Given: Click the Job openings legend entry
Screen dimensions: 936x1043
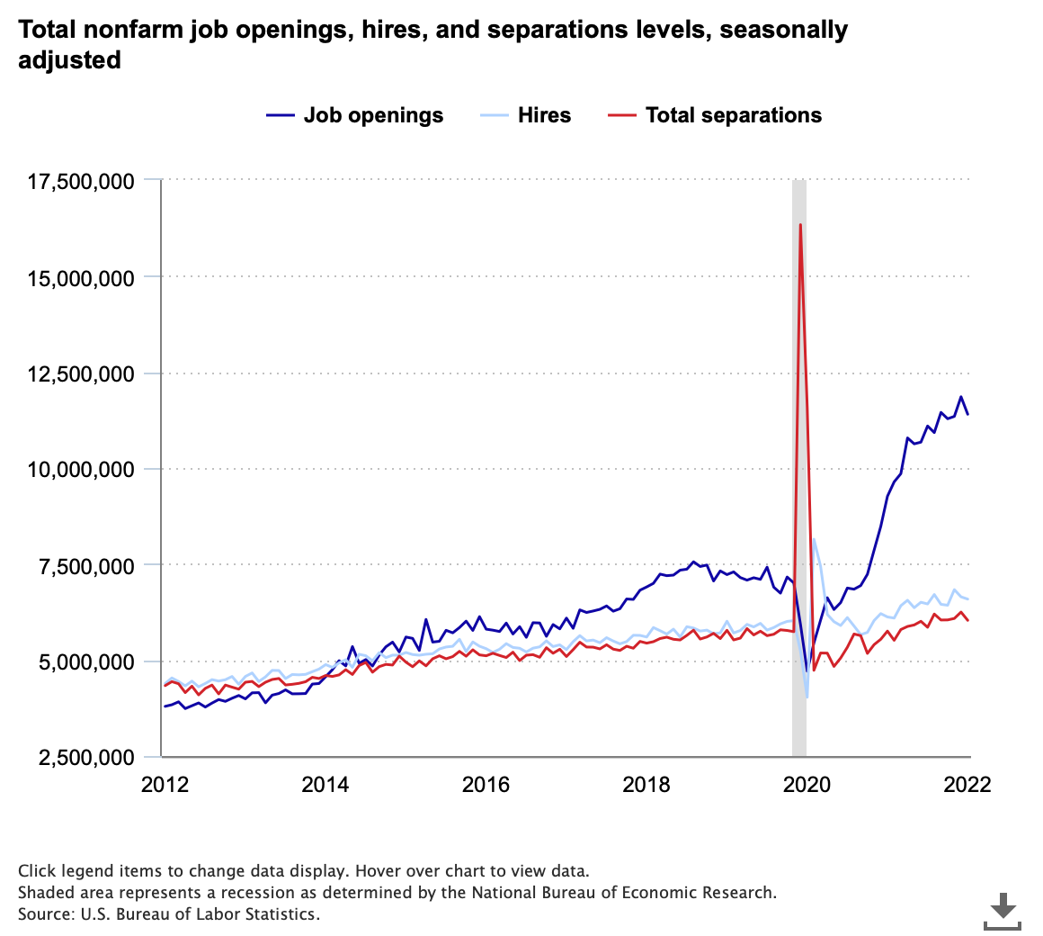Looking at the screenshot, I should click(355, 115).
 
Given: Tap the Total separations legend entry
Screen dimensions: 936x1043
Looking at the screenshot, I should click(716, 115).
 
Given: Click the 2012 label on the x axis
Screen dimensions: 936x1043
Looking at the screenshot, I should click(165, 784).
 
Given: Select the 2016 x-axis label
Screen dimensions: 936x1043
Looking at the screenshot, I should click(486, 784).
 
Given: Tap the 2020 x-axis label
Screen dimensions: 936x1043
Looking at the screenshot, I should click(807, 784).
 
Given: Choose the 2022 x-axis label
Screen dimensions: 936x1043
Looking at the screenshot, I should click(967, 784).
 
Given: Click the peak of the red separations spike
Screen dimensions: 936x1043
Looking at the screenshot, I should click(800, 224).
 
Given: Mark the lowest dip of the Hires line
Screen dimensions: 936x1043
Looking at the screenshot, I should click(807, 697).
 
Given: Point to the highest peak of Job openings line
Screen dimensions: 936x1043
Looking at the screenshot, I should click(960, 397).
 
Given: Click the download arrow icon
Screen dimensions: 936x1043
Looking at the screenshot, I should click(1003, 910).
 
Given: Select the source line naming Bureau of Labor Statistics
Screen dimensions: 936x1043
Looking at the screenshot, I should click(168, 913).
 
